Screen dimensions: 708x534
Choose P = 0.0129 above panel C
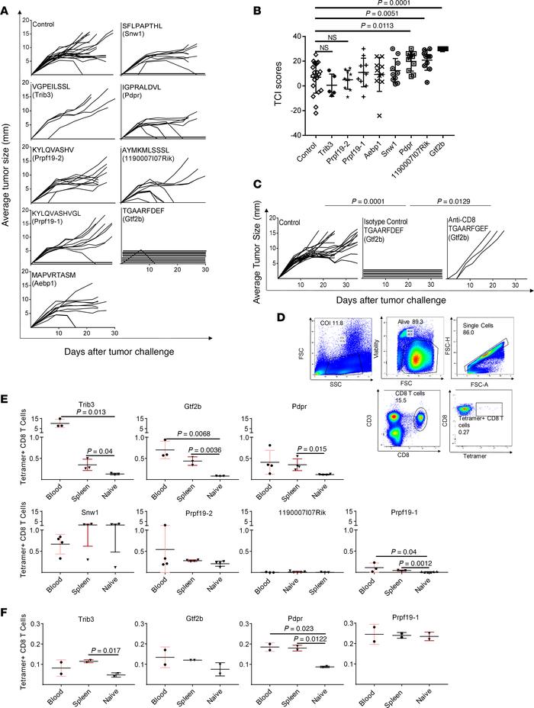[x=459, y=184]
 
